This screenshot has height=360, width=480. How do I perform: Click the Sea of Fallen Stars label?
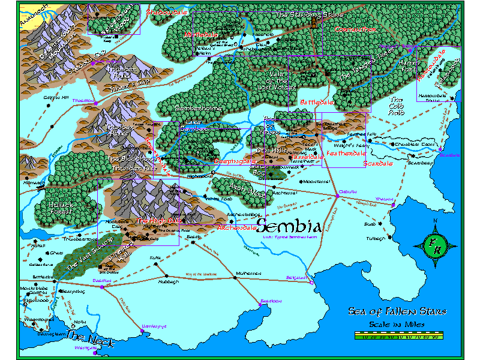pyautogui.click(x=397, y=311)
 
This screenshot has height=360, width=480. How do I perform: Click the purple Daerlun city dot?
pyautogui.click(x=102, y=286)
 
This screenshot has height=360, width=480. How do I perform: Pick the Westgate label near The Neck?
pyautogui.click(x=86, y=347)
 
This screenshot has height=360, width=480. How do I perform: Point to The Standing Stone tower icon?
pyautogui.click(x=314, y=22)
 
